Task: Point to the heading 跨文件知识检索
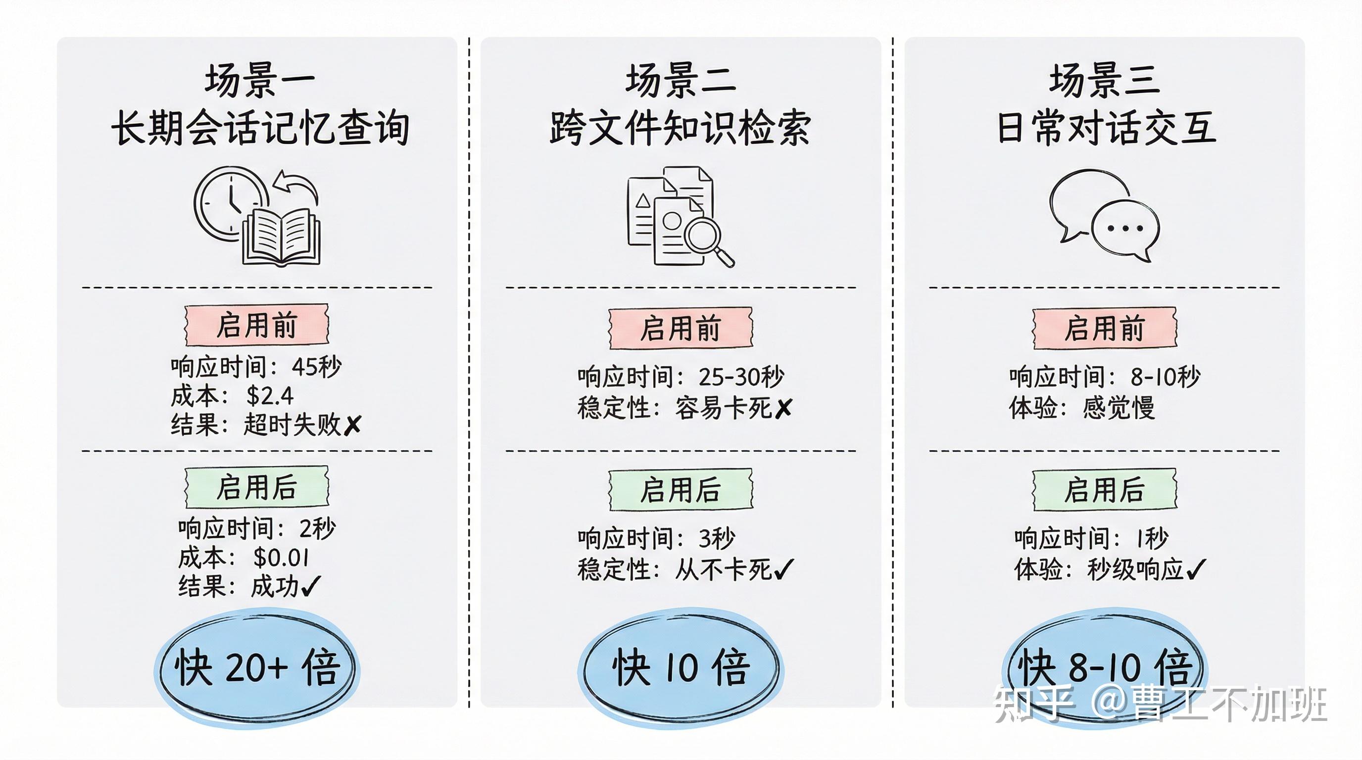[x=680, y=129]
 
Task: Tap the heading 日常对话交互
[x=1106, y=129]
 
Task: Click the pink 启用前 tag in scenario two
[x=681, y=329]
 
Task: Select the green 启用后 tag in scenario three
[x=1105, y=489]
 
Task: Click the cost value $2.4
[x=270, y=395]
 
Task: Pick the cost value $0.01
[x=281, y=557]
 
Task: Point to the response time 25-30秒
[x=741, y=377]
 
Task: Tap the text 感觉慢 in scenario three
[x=1119, y=408]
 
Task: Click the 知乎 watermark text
[x=1034, y=703]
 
